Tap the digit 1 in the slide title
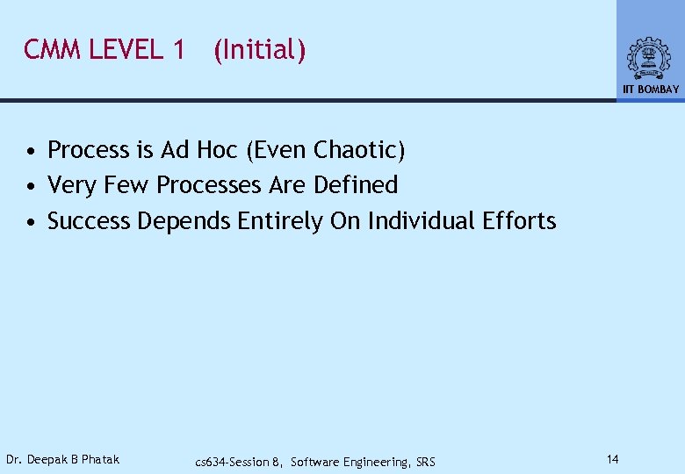coord(178,50)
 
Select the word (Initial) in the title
coord(259,51)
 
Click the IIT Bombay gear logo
coord(649,59)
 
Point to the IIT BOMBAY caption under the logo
coord(651,90)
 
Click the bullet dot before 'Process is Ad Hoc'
coord(31,152)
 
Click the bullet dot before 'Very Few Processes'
coord(31,187)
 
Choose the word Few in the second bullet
coord(126,185)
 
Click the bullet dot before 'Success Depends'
coord(31,222)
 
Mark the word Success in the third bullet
coord(89,220)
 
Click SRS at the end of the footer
coord(424,462)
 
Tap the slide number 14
coord(613,458)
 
